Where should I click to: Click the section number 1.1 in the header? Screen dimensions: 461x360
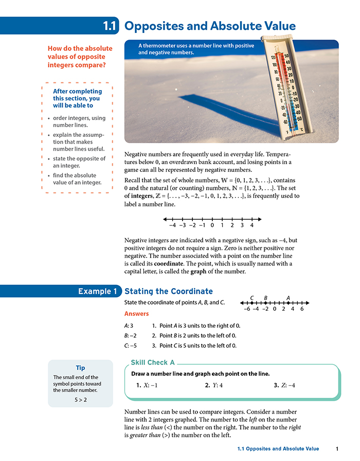tap(110, 25)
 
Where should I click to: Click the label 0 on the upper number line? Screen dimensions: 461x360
tap(212, 225)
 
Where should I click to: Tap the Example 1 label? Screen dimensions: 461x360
tap(98, 291)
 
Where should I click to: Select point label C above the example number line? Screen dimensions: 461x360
tap(251, 298)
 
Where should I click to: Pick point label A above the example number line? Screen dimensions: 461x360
tap(288, 298)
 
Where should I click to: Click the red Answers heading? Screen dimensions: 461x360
tap(136, 314)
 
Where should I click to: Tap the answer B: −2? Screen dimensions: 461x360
tap(130, 335)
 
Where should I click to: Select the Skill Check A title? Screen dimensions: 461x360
tap(153, 363)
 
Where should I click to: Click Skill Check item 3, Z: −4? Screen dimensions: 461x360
tap(284, 385)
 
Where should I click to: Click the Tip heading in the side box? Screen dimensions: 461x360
tap(80, 368)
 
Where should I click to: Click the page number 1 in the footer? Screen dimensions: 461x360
tap(336, 449)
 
